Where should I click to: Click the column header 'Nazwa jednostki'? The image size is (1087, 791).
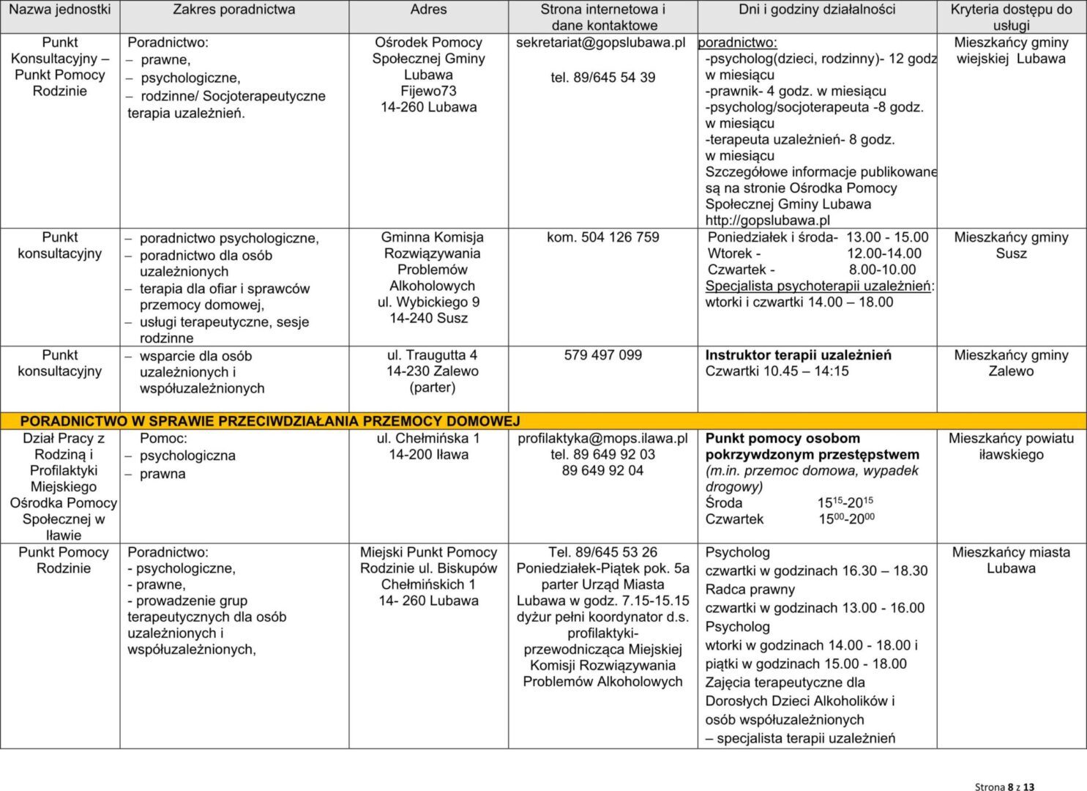point(60,10)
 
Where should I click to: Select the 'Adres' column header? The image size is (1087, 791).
point(428,10)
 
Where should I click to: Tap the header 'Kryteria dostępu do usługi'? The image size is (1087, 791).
point(1011,17)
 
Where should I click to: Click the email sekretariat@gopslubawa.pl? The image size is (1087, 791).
point(600,42)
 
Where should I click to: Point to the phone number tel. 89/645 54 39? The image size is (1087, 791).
point(602,78)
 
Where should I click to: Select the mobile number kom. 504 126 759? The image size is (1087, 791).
point(602,237)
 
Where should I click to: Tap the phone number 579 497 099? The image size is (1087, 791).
point(602,355)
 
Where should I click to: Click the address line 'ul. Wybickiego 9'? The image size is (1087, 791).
point(428,302)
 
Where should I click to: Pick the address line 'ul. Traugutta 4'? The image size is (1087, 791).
point(432,355)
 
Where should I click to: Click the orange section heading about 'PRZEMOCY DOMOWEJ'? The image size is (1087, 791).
point(269,421)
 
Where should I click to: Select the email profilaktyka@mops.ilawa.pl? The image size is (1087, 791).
point(602,439)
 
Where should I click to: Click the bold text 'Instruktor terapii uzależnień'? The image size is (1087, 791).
point(798,355)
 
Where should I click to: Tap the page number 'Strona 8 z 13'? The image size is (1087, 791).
point(1004,787)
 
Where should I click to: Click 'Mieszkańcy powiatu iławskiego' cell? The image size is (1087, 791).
point(1011,446)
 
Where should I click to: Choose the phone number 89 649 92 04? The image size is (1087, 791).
point(602,471)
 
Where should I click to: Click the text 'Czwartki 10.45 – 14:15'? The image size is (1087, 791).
point(777,371)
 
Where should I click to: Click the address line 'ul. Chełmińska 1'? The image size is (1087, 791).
point(428,439)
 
